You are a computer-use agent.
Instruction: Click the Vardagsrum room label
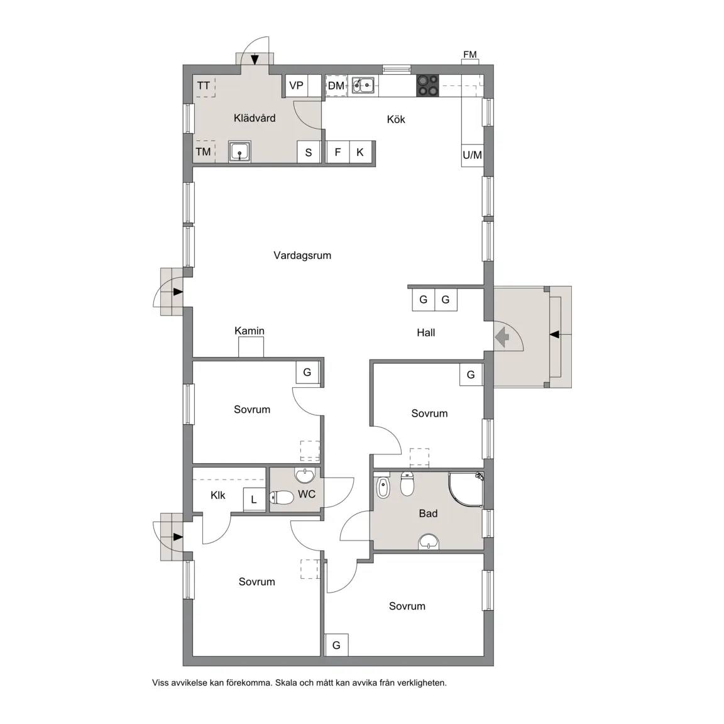[302, 255]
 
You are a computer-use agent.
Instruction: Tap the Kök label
[396, 119]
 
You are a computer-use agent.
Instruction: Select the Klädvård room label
[255, 118]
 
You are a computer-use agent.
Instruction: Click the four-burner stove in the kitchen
[427, 85]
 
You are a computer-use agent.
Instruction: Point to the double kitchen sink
[363, 85]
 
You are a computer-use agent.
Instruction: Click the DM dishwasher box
[337, 85]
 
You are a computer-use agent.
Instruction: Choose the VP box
[297, 85]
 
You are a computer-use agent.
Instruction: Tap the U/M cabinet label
[473, 155]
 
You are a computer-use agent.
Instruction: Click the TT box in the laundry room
[204, 86]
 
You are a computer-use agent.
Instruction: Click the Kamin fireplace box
[251, 347]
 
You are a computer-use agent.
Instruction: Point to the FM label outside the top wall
[470, 55]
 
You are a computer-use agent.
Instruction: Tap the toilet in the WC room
[282, 497]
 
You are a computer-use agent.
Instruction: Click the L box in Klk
[254, 499]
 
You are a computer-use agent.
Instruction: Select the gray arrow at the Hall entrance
[502, 337]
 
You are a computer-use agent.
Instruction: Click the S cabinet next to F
[309, 152]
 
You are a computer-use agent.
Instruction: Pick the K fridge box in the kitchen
[360, 152]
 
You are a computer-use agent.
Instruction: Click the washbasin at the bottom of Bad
[429, 542]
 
